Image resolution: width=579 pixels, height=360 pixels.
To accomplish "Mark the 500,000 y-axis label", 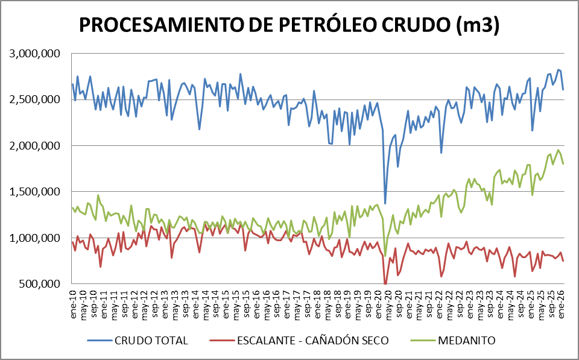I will click(39, 284).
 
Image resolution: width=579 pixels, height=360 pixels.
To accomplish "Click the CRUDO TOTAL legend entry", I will click(150, 341).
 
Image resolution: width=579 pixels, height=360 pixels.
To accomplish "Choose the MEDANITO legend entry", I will click(468, 341).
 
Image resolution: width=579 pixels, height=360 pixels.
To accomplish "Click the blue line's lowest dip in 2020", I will click(385, 203).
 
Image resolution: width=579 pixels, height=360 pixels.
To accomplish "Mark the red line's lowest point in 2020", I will click(385, 283).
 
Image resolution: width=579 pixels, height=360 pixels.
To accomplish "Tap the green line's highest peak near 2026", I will click(558, 150).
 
